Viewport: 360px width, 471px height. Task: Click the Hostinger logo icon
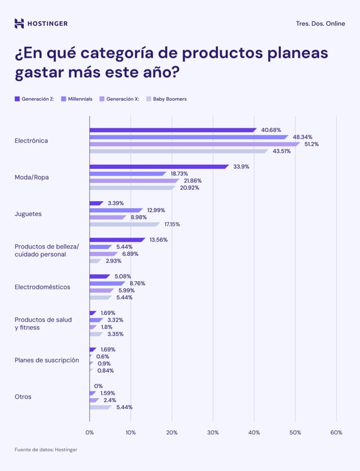[x=20, y=23]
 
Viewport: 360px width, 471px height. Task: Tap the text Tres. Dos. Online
[x=320, y=23]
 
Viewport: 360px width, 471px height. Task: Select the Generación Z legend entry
[x=37, y=99]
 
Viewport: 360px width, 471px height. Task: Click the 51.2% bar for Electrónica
[x=194, y=144]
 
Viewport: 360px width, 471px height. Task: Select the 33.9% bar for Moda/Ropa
[x=159, y=166]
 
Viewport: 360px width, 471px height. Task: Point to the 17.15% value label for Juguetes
[x=172, y=224]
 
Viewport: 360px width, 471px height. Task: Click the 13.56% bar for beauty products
[x=117, y=240]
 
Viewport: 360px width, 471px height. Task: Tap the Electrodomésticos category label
[x=42, y=287]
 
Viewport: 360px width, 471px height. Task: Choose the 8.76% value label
[x=137, y=283]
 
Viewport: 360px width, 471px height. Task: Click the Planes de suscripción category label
[x=47, y=360]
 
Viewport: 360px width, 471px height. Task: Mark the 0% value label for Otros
[x=98, y=386]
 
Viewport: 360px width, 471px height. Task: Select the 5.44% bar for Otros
[x=101, y=407]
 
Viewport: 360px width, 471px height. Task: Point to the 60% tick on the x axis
[x=336, y=432]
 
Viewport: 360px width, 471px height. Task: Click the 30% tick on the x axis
[x=213, y=432]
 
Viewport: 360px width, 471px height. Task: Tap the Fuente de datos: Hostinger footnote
[x=46, y=450]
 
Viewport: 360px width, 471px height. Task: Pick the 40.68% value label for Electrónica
[x=271, y=130]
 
